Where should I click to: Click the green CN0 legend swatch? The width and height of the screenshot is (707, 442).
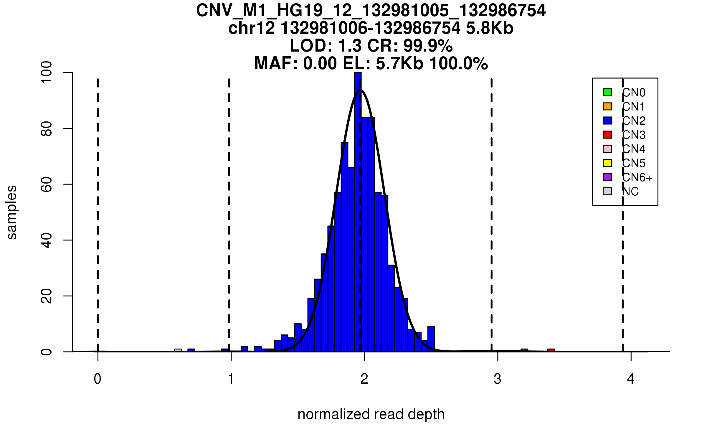click(607, 92)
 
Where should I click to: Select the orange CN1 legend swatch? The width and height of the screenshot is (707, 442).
click(607, 106)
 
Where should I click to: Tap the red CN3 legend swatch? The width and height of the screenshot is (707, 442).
click(607, 135)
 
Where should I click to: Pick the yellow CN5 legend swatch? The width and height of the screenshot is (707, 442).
click(607, 163)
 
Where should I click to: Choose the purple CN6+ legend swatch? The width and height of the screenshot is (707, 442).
click(607, 177)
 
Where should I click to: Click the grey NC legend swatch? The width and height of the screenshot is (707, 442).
click(607, 191)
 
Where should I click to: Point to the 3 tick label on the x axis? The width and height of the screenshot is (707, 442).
click(498, 379)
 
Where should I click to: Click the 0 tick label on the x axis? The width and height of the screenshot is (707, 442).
click(98, 379)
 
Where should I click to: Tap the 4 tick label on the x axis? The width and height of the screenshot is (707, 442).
click(631, 379)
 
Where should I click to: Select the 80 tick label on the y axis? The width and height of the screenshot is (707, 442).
click(47, 128)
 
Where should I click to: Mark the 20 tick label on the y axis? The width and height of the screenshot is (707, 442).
click(47, 296)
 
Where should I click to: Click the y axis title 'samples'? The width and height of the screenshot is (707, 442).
click(12, 212)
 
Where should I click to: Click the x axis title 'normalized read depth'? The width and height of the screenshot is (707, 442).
click(371, 414)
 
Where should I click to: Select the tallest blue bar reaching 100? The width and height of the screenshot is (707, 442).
click(358, 212)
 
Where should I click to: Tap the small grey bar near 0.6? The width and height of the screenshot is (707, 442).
click(178, 350)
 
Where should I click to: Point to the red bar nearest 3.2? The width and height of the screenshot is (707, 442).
click(524, 350)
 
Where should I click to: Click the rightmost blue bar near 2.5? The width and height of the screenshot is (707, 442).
click(431, 339)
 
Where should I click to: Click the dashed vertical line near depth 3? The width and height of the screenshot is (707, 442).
click(491, 206)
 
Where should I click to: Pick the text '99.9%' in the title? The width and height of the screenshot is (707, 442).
click(428, 46)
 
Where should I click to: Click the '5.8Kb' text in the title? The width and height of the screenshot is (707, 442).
click(490, 29)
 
